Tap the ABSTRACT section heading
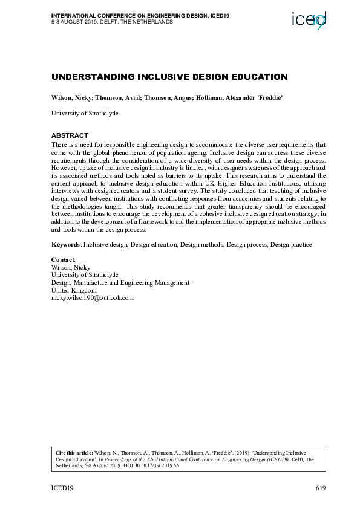click(x=70, y=135)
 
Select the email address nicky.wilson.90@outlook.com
click(x=92, y=297)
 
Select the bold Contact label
click(x=62, y=259)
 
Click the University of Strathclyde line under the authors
click(x=85, y=113)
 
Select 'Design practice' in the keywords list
click(x=291, y=244)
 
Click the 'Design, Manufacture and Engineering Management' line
click(x=120, y=282)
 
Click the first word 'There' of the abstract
click(x=59, y=145)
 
